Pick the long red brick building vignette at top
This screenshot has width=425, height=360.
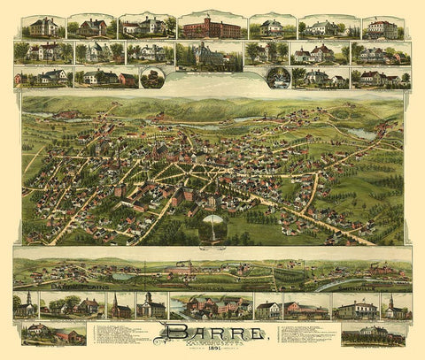211,27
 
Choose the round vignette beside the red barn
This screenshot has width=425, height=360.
152,79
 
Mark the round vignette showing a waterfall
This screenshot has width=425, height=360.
278,78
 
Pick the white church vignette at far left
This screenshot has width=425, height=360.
26,305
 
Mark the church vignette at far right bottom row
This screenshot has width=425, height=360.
395,306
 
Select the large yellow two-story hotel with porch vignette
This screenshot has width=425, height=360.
357,306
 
